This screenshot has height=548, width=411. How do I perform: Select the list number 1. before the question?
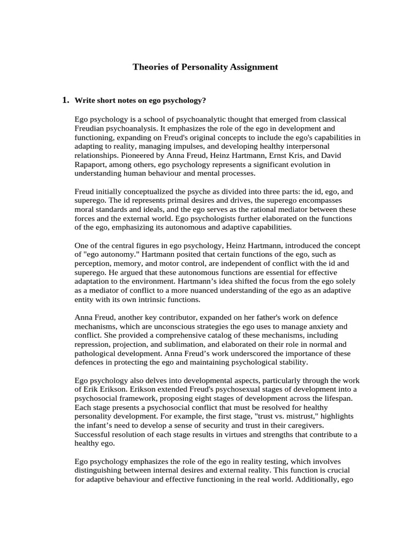(x=66, y=100)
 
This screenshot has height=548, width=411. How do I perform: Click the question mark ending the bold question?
(x=204, y=101)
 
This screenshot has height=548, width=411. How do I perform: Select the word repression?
(x=94, y=345)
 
